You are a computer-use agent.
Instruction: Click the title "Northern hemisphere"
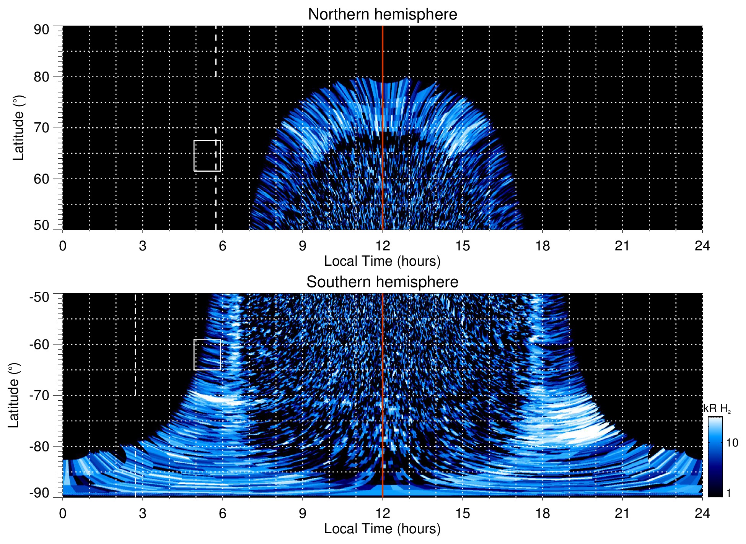coord(382,15)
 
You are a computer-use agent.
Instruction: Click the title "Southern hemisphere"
coord(382,282)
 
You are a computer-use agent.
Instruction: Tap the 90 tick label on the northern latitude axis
coord(41,30)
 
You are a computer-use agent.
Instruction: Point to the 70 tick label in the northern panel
coord(41,128)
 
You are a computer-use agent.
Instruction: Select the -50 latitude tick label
coord(39,297)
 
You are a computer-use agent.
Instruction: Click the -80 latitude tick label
coord(39,446)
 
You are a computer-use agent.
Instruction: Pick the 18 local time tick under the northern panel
coord(542,246)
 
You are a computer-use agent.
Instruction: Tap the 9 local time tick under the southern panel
coord(302,513)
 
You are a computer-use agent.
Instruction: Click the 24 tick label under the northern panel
coord(702,246)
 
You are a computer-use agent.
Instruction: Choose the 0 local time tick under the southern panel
coord(63,513)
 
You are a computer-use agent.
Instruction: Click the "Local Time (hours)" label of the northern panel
coord(382,261)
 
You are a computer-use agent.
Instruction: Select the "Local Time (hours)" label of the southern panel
coord(382,529)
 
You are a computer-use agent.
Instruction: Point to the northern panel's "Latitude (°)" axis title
coord(18,128)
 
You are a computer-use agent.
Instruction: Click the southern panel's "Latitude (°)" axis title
coord(14,395)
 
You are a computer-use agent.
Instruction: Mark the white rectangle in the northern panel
coord(207,156)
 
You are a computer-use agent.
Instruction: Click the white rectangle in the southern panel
coord(207,354)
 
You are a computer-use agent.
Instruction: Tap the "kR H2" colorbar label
coord(717,409)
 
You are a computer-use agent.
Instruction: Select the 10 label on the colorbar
coord(732,443)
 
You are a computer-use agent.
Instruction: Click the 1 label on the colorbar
coord(728,493)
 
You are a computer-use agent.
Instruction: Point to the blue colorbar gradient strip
coord(715,457)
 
